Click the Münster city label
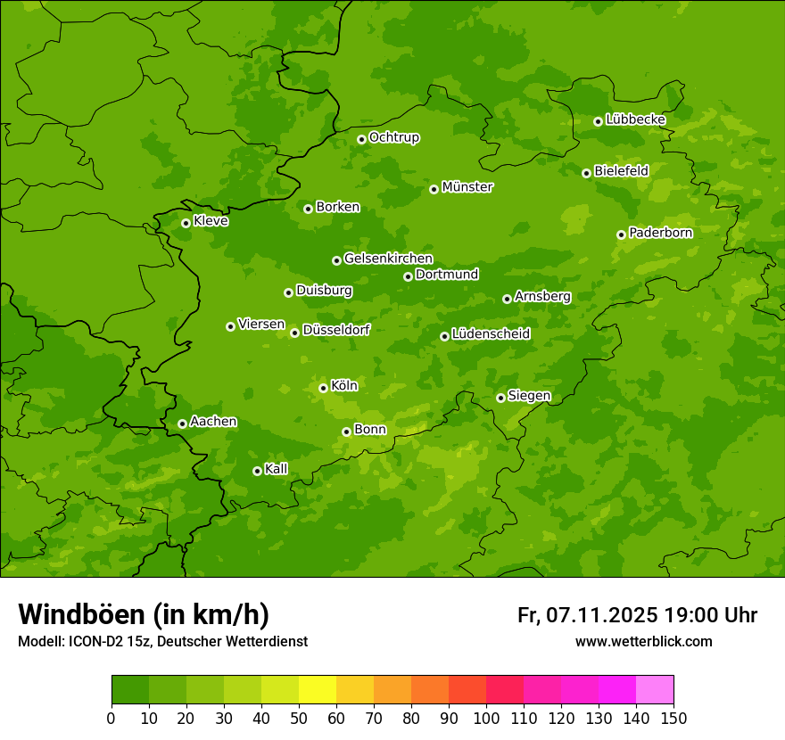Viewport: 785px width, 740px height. point(467,187)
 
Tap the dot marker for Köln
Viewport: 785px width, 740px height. point(323,388)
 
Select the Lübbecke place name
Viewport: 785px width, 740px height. point(635,119)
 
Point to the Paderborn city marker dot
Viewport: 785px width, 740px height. point(621,234)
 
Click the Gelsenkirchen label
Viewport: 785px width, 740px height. point(388,259)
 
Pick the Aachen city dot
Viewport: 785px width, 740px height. point(182,423)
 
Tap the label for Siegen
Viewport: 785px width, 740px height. point(529,396)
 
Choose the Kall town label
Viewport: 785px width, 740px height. point(277,469)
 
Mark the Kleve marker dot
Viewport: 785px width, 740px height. point(186,223)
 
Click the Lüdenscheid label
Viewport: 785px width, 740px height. point(491,334)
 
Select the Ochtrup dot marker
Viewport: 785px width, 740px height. point(361,139)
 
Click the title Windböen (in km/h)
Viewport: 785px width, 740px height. point(144,614)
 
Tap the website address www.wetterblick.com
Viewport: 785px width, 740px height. point(644,641)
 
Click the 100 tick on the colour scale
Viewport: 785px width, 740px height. point(486,718)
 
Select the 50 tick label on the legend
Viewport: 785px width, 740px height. point(299,718)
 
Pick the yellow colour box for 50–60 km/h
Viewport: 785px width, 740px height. point(318,690)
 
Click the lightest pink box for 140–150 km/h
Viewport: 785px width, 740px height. point(655,690)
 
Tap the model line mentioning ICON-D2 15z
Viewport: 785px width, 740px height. point(162,641)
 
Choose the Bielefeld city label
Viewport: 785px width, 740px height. point(621,171)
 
